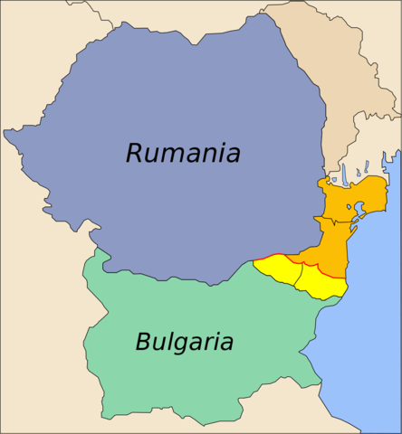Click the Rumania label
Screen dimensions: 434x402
pyautogui.click(x=183, y=153)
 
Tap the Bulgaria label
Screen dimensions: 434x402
pyautogui.click(x=184, y=343)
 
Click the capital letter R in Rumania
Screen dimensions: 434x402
pyautogui.click(x=135, y=153)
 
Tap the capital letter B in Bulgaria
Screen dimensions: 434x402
pyautogui.click(x=143, y=343)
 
